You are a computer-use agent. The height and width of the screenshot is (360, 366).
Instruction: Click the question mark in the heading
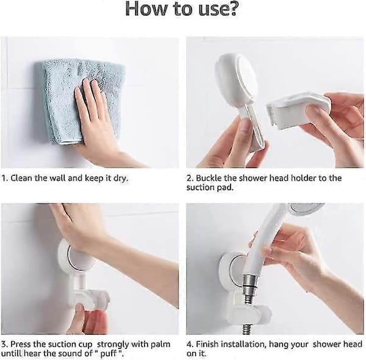click(x=231, y=9)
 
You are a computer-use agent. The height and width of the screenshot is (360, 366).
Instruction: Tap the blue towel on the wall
click(x=79, y=101)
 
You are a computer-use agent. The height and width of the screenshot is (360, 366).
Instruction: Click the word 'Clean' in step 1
click(x=21, y=178)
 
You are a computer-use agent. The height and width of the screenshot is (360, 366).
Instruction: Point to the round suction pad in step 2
click(x=235, y=77)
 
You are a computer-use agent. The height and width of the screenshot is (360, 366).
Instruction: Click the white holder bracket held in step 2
click(x=299, y=110)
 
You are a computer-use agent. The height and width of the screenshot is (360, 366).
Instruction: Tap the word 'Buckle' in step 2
click(x=209, y=178)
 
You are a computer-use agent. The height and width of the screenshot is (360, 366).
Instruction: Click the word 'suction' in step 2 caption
click(x=201, y=187)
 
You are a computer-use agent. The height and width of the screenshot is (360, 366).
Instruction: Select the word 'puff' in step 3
click(x=109, y=354)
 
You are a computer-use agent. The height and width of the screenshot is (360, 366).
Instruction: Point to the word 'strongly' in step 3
click(x=113, y=345)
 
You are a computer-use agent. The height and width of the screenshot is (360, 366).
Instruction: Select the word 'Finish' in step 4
click(x=207, y=344)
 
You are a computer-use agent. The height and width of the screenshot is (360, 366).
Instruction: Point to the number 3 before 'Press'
click(x=4, y=345)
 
